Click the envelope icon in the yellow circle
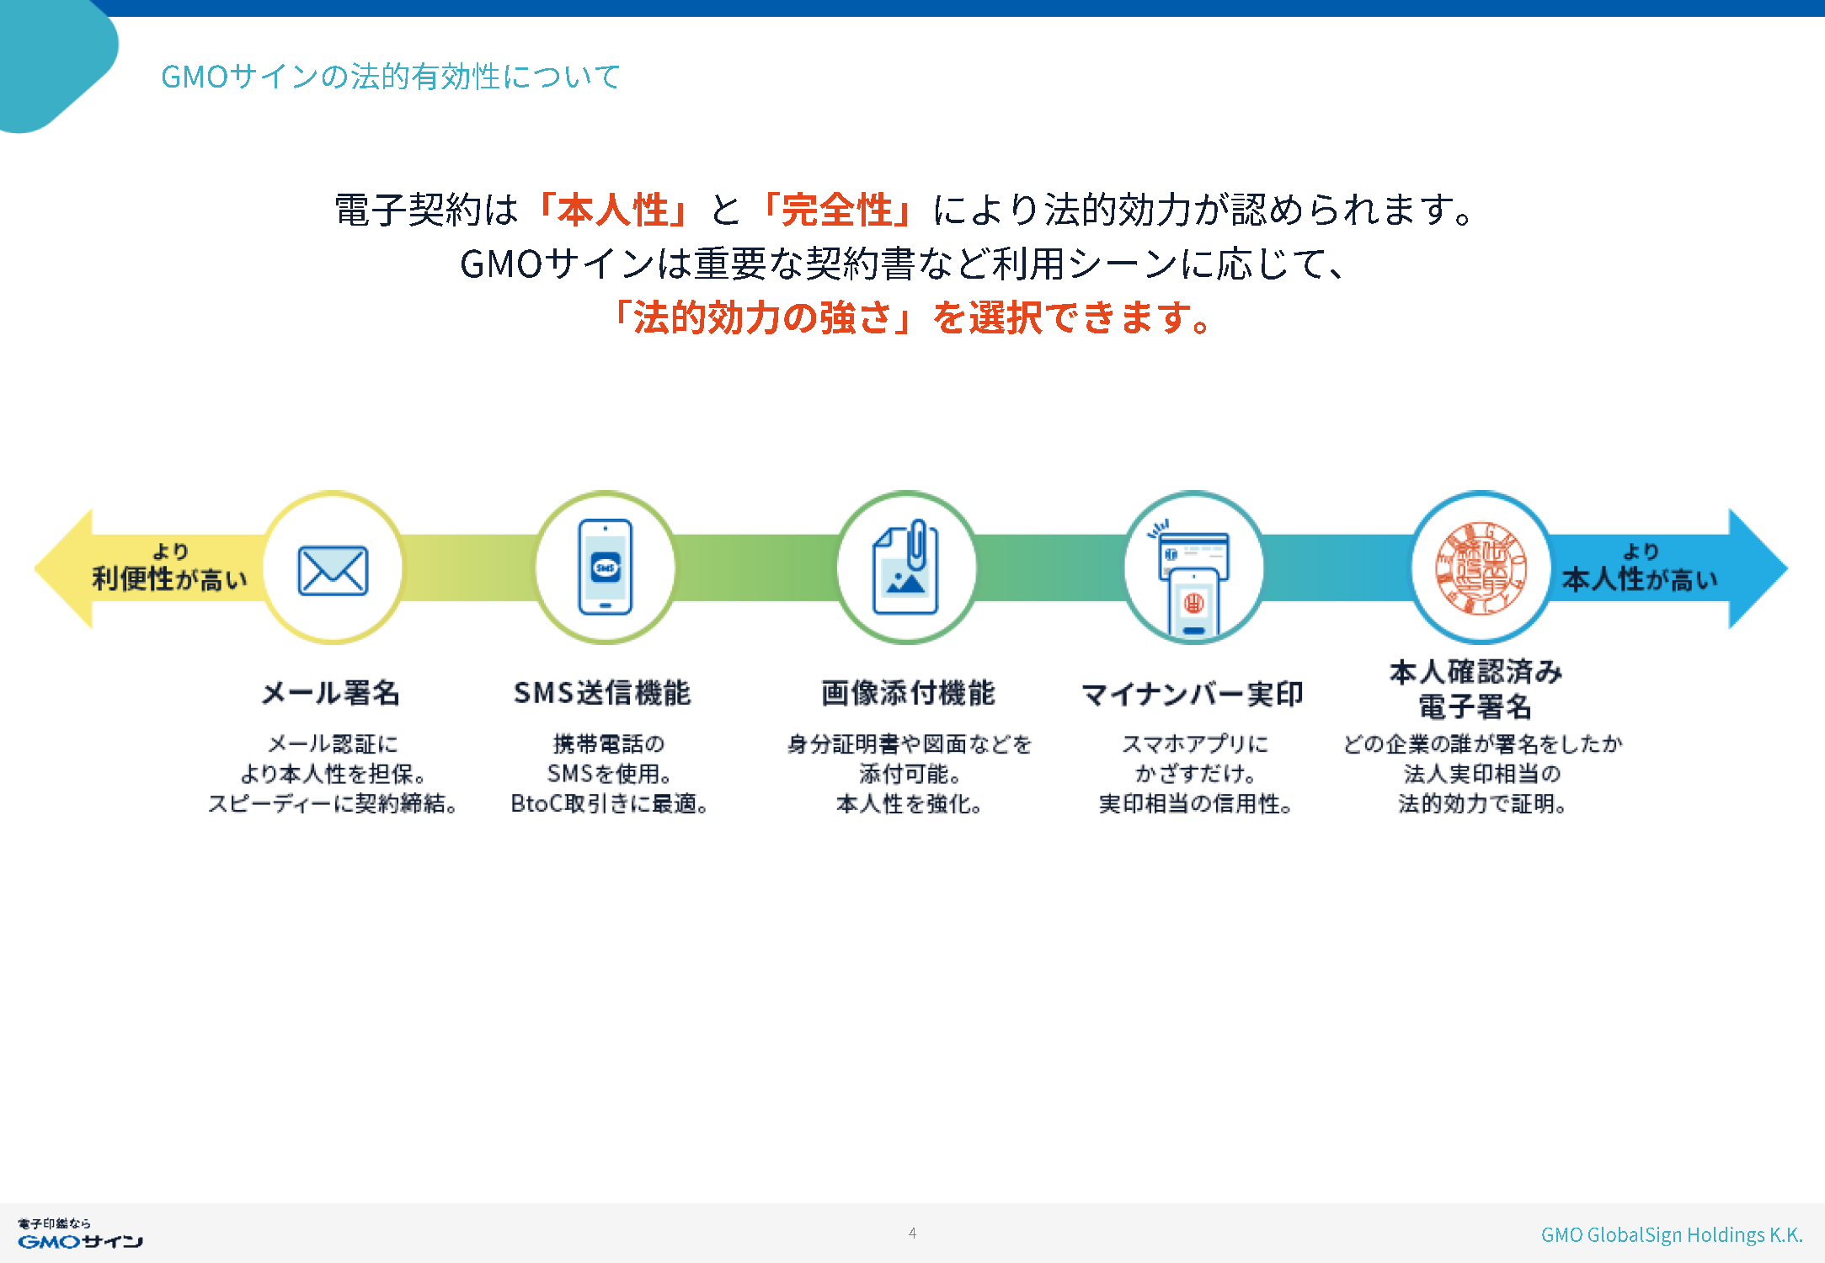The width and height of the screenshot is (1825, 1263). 333,570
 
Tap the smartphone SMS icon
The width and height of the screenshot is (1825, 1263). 605,567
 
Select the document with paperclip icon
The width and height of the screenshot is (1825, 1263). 905,567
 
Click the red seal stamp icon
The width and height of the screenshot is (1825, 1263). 1481,568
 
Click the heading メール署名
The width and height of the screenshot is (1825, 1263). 331,693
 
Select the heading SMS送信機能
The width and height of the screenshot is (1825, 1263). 602,693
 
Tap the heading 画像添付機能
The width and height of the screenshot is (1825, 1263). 908,693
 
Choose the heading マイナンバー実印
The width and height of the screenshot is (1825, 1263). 1193,694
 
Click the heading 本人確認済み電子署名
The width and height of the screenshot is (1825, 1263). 1475,689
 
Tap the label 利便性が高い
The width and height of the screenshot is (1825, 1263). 169,579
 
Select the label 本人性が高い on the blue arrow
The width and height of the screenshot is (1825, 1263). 1639,579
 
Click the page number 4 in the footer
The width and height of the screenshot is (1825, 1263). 912,1233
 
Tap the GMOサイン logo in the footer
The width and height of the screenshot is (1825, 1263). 80,1234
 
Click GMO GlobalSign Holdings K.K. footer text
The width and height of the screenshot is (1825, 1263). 1672,1234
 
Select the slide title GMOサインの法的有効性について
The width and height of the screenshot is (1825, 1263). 391,77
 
